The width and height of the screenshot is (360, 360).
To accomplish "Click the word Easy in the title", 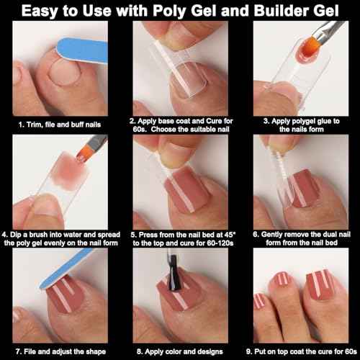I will point(55,13).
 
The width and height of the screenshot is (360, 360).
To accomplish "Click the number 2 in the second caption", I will point(132,120).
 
